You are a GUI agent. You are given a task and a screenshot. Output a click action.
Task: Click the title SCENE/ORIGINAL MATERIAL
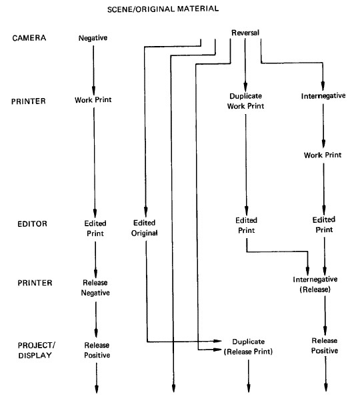tap(163, 9)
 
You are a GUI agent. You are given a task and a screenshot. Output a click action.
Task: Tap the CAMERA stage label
tap(29, 38)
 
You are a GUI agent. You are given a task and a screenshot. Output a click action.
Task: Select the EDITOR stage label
tap(32, 224)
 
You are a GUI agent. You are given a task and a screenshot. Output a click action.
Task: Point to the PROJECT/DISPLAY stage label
tap(36, 350)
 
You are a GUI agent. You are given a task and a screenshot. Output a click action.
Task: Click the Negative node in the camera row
tap(93, 38)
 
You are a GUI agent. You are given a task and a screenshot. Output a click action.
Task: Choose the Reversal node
tap(245, 33)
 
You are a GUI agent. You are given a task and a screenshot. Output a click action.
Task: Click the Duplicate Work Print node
tap(245, 101)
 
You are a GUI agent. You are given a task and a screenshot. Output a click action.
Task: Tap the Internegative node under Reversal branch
tap(323, 96)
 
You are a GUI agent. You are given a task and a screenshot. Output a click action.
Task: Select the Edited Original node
tap(145, 228)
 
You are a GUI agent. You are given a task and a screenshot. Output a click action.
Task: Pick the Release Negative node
tap(95, 288)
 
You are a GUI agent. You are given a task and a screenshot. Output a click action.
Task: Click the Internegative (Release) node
tap(315, 284)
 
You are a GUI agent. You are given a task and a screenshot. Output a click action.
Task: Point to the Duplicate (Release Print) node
tap(249, 346)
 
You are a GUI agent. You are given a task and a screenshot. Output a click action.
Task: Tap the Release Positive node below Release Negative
tap(97, 350)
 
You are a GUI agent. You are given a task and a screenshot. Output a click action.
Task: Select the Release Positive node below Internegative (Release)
tap(325, 346)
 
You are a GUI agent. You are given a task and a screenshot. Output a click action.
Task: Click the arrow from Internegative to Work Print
tap(323, 125)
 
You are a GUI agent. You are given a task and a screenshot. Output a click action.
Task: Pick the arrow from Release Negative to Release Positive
tap(96, 320)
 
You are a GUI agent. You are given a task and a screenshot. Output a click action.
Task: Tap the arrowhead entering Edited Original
tap(145, 212)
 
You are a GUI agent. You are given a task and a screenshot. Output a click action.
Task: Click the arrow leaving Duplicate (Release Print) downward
tap(249, 376)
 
